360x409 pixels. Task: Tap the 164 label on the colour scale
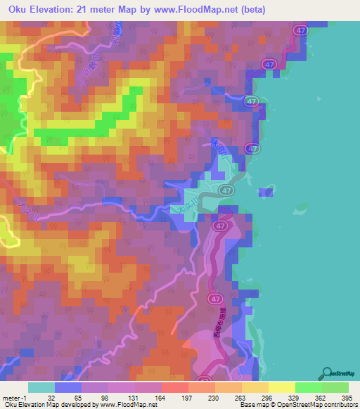160,398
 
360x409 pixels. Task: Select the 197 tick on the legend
187,398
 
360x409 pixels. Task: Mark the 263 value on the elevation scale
240,398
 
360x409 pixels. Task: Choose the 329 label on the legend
294,398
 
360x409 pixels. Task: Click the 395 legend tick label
347,398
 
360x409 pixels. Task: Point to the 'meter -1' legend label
14,398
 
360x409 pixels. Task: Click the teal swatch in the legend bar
41,387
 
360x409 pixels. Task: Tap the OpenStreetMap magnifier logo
328,373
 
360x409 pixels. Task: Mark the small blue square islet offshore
266,191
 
